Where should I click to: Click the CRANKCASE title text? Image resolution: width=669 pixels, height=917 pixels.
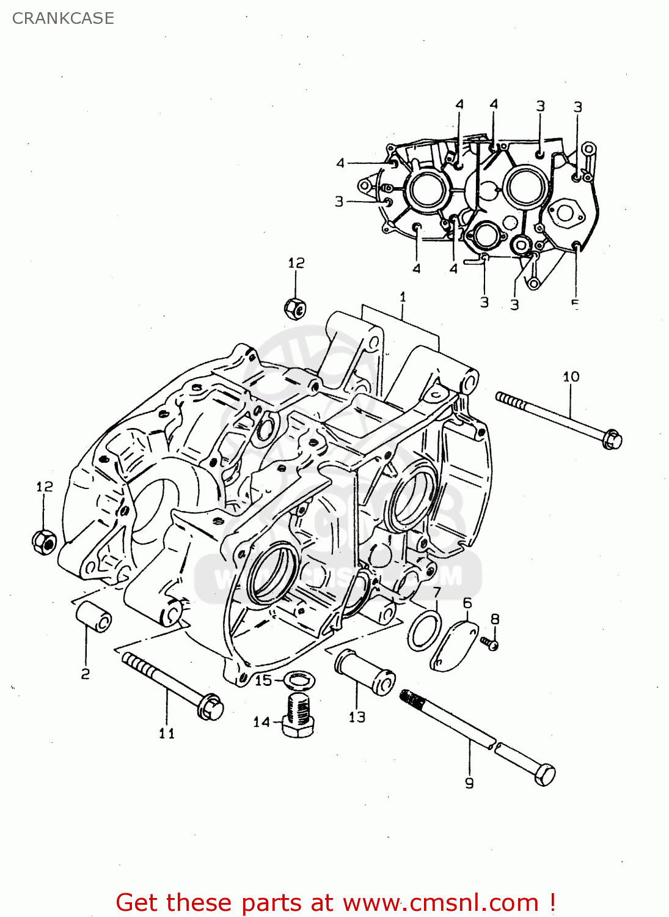[x=63, y=18]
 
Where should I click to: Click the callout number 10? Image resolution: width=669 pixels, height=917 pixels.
[x=571, y=377]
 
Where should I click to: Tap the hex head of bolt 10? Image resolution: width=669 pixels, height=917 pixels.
[x=612, y=440]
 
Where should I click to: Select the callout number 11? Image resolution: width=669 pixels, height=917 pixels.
[x=167, y=733]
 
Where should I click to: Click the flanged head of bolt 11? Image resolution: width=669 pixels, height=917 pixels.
[x=210, y=707]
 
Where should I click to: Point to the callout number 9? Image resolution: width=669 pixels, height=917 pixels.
[x=469, y=783]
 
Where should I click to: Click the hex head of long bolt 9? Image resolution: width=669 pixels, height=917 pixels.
[x=544, y=775]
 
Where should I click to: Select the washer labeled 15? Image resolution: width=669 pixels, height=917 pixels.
[x=299, y=679]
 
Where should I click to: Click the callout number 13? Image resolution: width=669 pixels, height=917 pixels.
[x=357, y=717]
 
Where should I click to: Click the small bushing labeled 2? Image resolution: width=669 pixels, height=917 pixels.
[x=93, y=616]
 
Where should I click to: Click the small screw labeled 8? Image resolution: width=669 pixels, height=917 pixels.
[x=489, y=643]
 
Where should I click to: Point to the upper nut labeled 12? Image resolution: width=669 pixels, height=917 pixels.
[x=295, y=308]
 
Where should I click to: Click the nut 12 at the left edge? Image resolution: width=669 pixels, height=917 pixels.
[x=43, y=541]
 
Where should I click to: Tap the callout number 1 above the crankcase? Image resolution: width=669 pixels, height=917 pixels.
[x=403, y=297]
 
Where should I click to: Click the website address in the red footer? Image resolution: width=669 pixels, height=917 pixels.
[x=441, y=902]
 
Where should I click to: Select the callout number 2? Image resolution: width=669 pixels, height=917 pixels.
[x=86, y=674]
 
